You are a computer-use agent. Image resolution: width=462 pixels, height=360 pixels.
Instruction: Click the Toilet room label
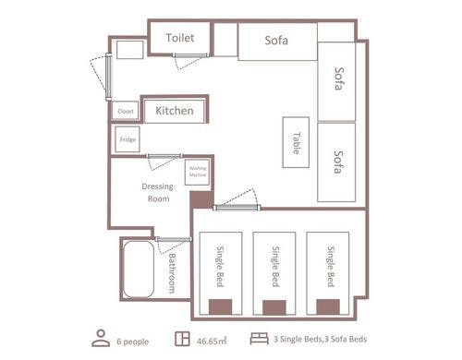[x=180, y=38]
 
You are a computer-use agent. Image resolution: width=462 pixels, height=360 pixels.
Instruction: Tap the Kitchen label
[x=175, y=111]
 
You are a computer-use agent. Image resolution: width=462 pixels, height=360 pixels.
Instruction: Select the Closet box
[x=125, y=111]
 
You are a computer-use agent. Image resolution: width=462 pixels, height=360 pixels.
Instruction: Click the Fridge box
[x=128, y=139]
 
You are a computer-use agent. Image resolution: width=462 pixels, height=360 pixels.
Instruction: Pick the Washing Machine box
[x=197, y=173]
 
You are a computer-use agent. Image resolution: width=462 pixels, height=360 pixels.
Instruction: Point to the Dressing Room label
[x=158, y=192]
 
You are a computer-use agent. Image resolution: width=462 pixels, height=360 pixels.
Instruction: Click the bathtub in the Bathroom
[x=139, y=270]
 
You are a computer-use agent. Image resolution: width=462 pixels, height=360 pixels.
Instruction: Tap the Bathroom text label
[x=172, y=273]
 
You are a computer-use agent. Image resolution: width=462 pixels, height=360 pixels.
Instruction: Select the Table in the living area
[x=296, y=142]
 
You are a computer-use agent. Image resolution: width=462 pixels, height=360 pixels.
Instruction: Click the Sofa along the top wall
[x=277, y=42]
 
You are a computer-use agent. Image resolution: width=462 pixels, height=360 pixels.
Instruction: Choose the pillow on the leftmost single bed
[x=220, y=306]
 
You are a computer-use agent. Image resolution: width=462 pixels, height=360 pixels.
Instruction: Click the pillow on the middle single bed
[x=274, y=307]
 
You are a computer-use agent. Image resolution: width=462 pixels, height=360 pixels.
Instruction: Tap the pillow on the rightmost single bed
[x=328, y=306]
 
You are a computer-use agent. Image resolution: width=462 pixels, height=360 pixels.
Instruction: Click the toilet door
[x=190, y=55]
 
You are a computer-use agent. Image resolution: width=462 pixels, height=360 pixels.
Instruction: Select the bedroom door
[x=237, y=208]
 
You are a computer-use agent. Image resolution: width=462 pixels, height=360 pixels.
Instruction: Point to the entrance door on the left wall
[x=108, y=77]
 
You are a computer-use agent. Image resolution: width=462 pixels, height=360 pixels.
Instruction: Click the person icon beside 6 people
[x=101, y=338]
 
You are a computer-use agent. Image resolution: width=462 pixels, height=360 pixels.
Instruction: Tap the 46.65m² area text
[x=212, y=341]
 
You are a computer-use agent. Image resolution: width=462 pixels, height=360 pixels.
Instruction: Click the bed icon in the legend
[x=259, y=339]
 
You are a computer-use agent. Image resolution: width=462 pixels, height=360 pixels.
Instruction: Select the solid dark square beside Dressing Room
[x=201, y=199]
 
